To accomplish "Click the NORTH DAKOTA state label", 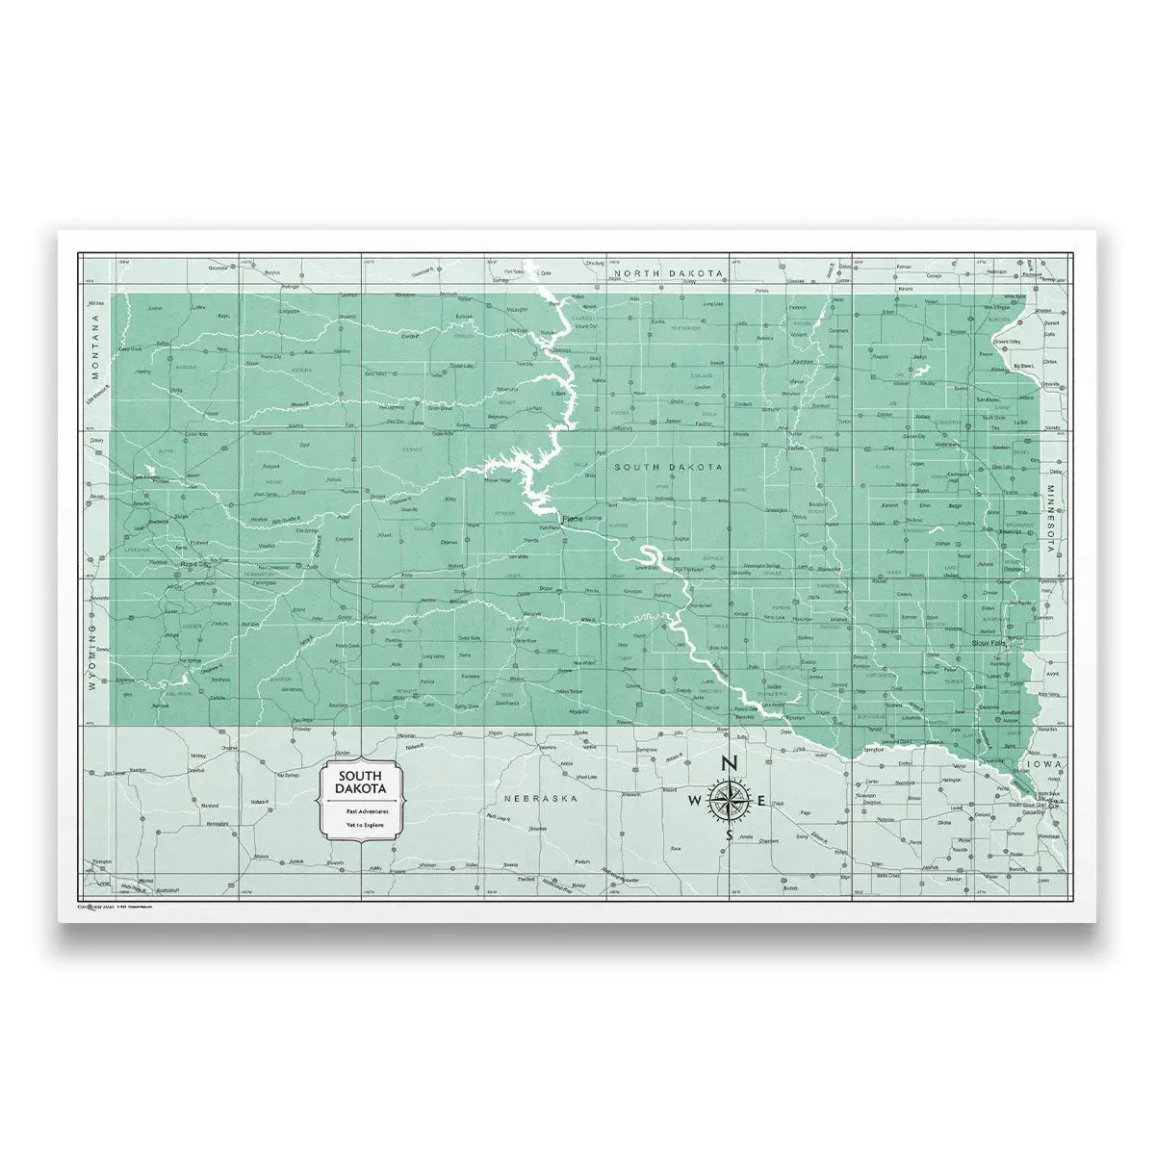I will point(669,274).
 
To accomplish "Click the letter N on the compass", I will point(729,764).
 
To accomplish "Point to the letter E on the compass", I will point(761,801).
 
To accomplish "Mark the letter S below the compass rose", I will point(729,835).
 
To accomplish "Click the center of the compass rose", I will point(729,800).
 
